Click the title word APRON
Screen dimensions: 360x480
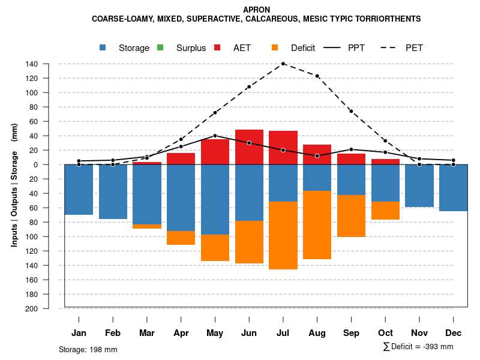[x=256, y=10]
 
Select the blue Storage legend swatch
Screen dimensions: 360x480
[x=103, y=47]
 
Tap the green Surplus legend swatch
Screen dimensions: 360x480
[x=160, y=47]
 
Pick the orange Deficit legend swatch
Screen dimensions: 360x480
[x=275, y=47]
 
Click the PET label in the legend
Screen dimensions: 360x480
[x=414, y=48]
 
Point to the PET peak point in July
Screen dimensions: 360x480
[x=283, y=64]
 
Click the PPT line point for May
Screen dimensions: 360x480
[x=215, y=136]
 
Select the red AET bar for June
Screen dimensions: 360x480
[x=249, y=147]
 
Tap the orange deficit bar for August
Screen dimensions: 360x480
[x=317, y=225]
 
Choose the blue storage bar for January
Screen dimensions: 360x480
[x=79, y=190]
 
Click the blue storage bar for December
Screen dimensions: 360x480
[x=453, y=188]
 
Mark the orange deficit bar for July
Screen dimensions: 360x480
[x=283, y=235]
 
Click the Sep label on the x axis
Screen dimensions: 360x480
[x=351, y=333]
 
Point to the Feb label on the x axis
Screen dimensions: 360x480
[x=113, y=333]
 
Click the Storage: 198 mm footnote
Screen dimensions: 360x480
[x=88, y=349]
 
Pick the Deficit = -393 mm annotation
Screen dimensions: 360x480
[x=418, y=347]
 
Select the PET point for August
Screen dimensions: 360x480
[x=317, y=76]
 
